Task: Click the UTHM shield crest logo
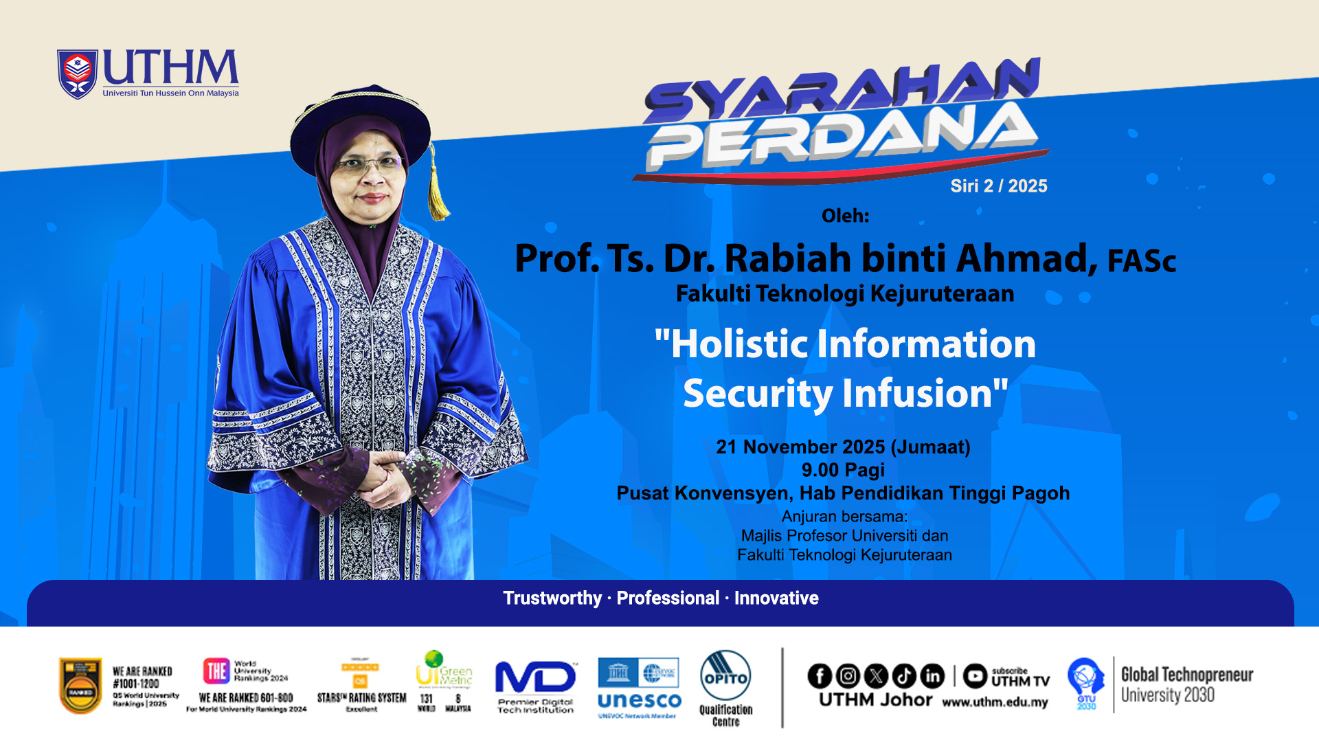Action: [77, 74]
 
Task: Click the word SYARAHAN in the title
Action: [842, 93]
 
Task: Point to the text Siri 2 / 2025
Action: [998, 186]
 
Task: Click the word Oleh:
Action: [845, 216]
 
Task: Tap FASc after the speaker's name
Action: [1141, 261]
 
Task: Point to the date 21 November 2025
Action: [800, 447]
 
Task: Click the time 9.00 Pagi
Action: [843, 471]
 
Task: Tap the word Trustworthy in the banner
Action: [552, 598]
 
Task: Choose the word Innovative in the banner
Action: [776, 598]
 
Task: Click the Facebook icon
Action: [820, 676]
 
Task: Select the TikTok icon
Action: [904, 676]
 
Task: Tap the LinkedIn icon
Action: [932, 676]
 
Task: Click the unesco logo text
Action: [639, 701]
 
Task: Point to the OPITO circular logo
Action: [725, 676]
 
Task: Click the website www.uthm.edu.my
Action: [995, 703]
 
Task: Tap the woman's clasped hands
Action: [381, 474]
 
